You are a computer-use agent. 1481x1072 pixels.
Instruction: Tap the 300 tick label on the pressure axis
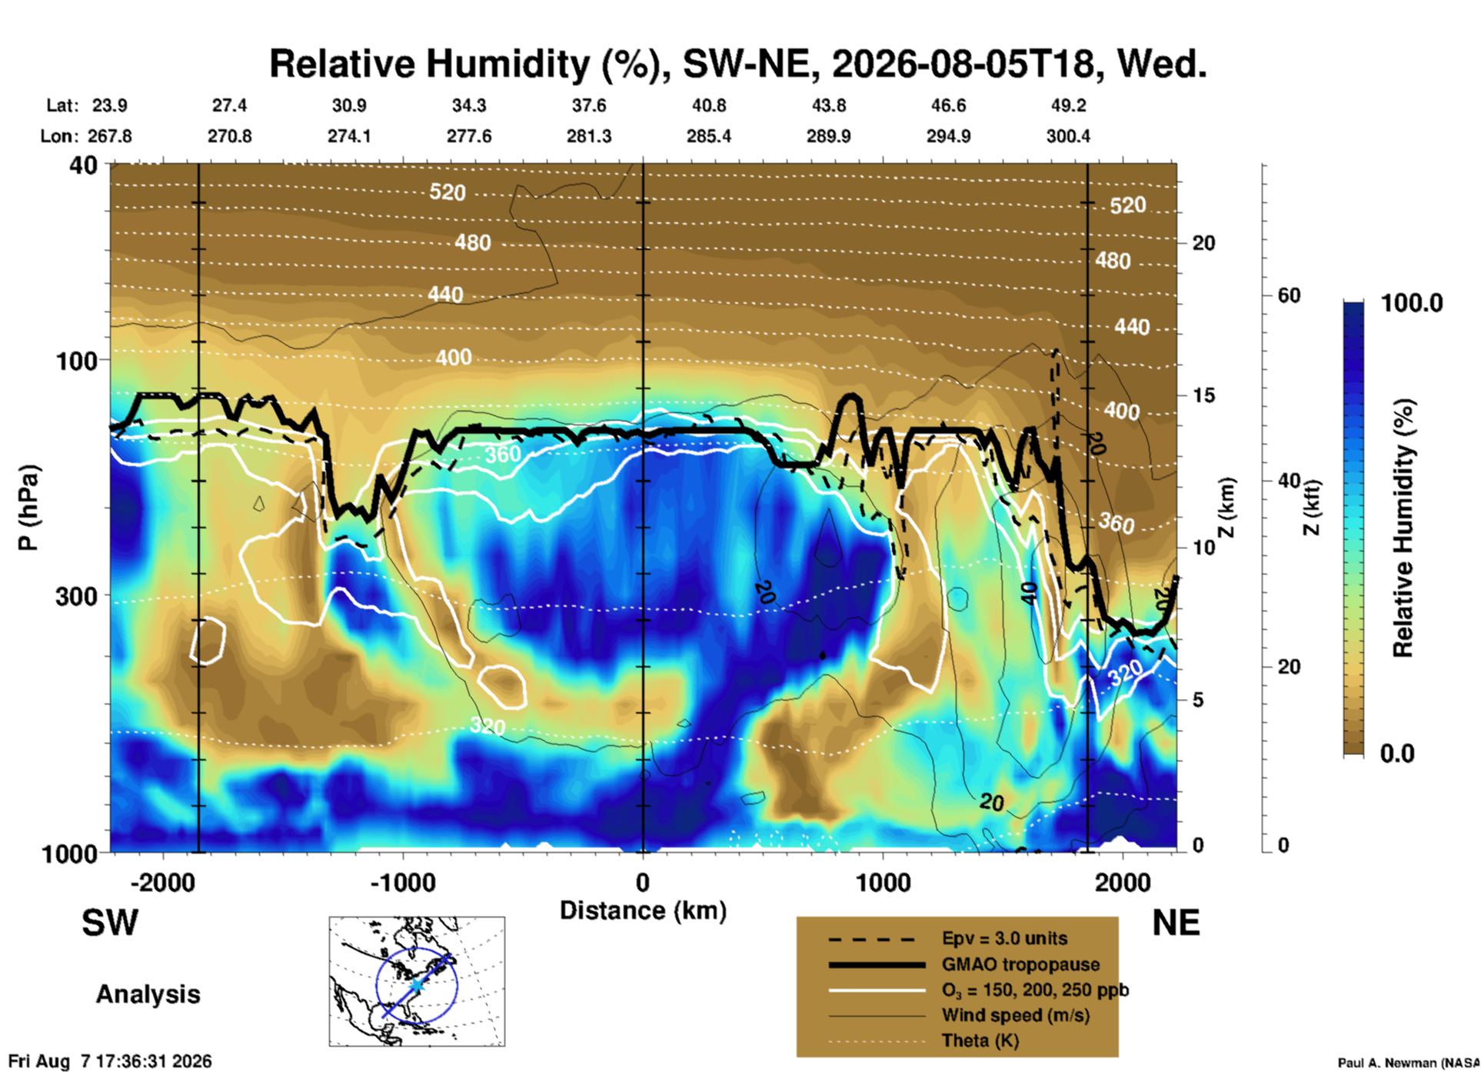[x=76, y=596]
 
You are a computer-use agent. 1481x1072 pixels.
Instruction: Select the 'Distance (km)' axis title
[x=643, y=911]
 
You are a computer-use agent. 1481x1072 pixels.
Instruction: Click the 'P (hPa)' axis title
[x=28, y=508]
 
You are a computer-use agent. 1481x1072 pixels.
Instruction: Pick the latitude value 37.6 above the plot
[x=589, y=105]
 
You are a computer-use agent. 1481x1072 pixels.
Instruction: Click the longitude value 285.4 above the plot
[x=709, y=136]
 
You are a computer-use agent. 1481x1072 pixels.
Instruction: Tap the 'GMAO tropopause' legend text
[x=1020, y=964]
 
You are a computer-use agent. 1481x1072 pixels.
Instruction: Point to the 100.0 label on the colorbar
[x=1412, y=303]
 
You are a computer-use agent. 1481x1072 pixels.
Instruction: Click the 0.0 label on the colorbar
[x=1397, y=753]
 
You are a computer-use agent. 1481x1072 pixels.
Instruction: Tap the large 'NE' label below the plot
[x=1176, y=923]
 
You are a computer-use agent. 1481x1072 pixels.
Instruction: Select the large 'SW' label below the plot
[x=110, y=923]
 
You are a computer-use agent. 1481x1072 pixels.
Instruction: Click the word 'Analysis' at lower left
[x=148, y=994]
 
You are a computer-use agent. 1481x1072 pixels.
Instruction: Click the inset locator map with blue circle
[x=417, y=981]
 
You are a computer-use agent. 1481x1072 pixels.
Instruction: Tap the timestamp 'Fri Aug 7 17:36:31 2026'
[x=110, y=1061]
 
